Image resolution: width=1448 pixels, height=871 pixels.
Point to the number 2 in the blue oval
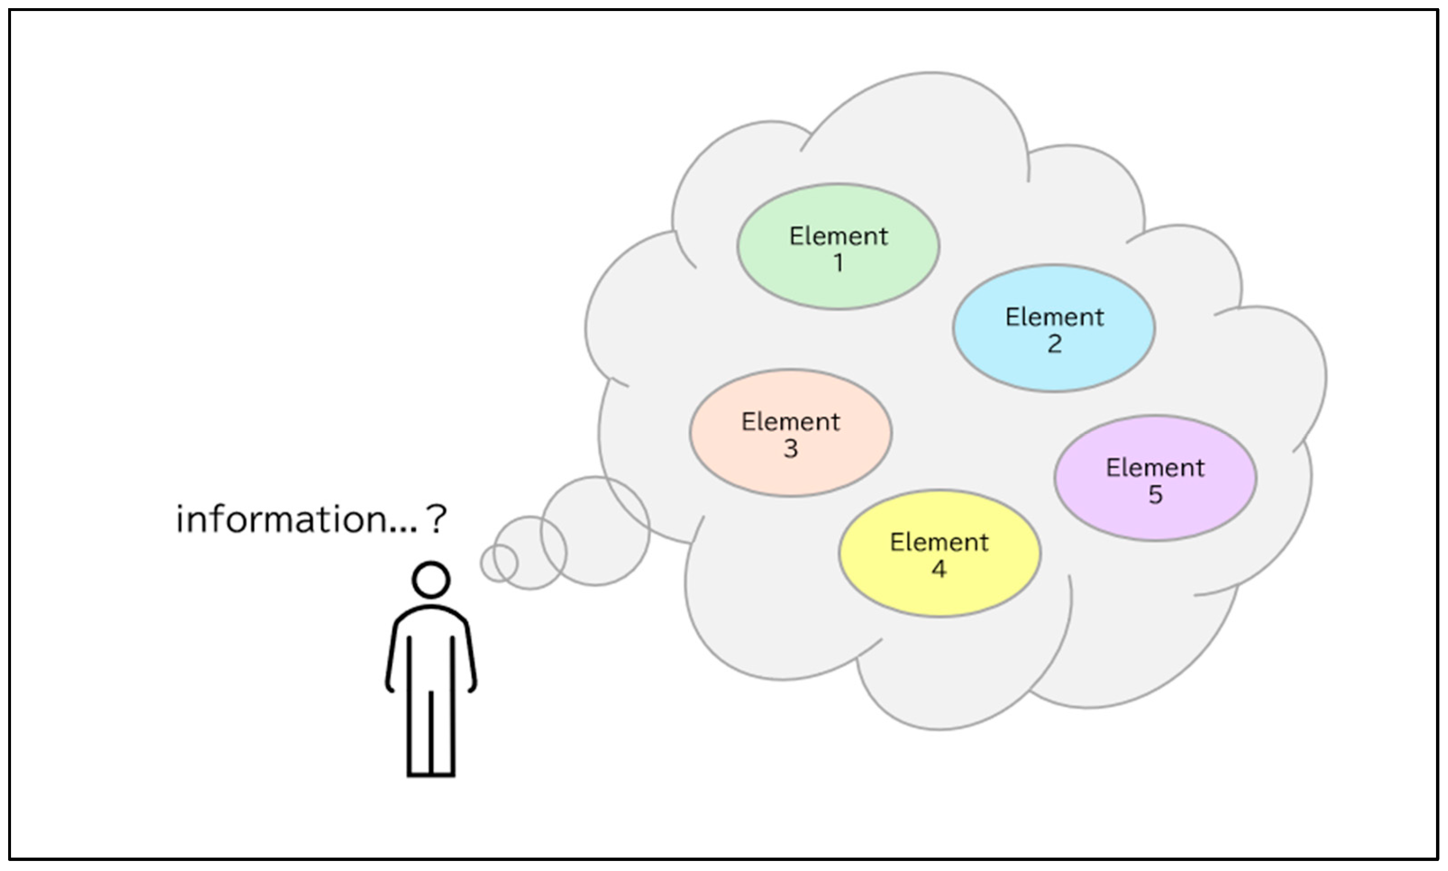[1055, 344]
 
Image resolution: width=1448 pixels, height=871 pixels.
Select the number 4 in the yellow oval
[939, 569]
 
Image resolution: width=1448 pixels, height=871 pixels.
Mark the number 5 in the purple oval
[1155, 495]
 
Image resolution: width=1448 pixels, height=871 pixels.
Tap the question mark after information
[437, 520]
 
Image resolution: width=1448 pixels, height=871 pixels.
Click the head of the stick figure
[431, 580]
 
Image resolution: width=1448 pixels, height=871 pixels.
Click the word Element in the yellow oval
[939, 543]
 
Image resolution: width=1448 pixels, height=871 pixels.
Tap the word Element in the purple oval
[1155, 468]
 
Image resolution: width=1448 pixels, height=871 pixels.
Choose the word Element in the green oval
[838, 237]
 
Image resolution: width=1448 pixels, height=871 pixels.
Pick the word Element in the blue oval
[1054, 317]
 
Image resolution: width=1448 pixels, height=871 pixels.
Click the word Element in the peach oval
[790, 422]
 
